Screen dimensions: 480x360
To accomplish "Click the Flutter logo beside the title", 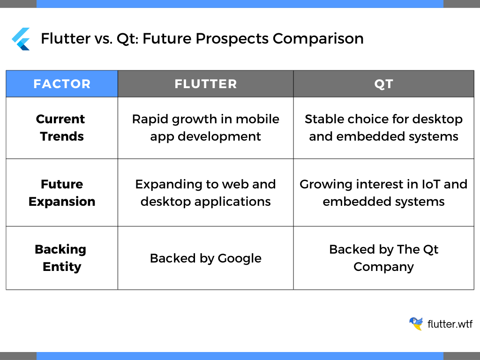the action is [21, 39].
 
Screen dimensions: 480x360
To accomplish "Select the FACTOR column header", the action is [62, 84].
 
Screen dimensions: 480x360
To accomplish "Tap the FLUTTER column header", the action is [206, 84].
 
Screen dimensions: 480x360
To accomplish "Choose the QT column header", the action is [383, 84].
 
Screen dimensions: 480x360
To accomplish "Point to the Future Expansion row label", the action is [62, 193].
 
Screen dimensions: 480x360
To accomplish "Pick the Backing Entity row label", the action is [61, 258].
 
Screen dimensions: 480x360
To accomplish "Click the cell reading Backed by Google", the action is [206, 258].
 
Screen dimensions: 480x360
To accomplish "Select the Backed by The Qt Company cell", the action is [383, 258].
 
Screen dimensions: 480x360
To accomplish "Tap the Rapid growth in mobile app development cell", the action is [206, 127].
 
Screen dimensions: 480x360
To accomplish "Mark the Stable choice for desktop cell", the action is [383, 127].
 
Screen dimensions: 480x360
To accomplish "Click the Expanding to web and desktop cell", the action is [206, 193].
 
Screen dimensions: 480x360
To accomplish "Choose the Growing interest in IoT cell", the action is [383, 193].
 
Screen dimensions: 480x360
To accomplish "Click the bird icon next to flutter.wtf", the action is [416, 323].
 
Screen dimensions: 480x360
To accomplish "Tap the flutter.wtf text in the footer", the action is [450, 324].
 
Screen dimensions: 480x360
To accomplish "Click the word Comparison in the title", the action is [318, 39].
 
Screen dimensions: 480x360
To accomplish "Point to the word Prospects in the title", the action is [232, 39].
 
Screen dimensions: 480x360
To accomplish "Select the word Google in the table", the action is [240, 259].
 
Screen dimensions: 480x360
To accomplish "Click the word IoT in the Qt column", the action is [431, 184].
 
